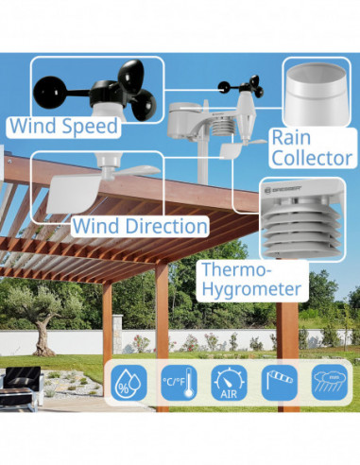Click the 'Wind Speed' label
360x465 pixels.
(62, 126)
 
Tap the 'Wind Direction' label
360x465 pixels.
(140, 227)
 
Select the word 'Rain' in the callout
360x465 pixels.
(291, 138)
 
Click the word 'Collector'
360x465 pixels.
(311, 158)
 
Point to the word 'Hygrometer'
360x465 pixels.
(251, 289)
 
